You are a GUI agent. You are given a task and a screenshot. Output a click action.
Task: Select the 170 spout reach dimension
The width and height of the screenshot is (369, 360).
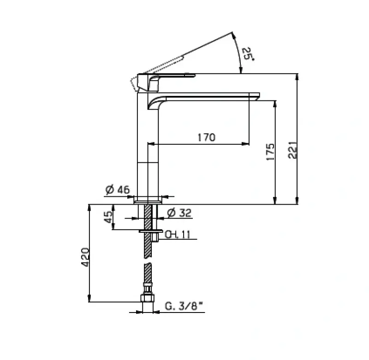tap(206, 137)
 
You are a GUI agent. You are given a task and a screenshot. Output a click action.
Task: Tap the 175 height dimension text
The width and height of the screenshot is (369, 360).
tap(270, 152)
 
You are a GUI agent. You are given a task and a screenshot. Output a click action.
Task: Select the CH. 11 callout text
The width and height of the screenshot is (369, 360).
tap(178, 234)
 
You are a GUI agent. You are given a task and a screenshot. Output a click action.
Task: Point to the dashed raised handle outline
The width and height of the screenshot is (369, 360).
tap(161, 67)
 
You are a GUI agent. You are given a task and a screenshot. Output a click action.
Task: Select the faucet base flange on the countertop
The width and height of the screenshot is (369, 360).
tap(148, 201)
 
